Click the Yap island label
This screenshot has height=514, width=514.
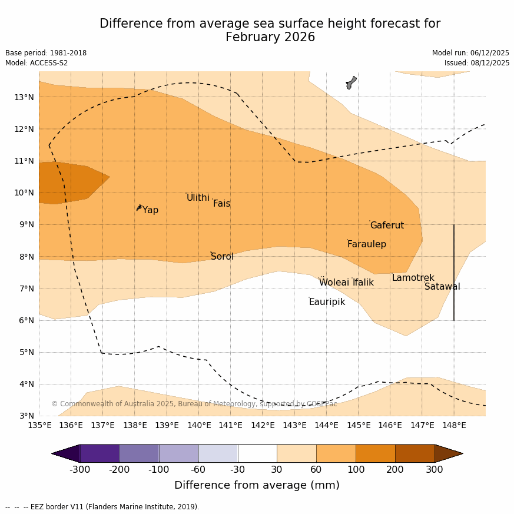click(150, 210)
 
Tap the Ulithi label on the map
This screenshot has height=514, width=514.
click(198, 198)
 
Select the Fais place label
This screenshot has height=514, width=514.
click(221, 204)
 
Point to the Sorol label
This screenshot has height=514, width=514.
click(222, 257)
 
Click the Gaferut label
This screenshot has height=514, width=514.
click(387, 226)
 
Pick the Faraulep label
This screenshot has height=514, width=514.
click(366, 244)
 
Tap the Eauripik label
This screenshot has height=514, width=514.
click(327, 302)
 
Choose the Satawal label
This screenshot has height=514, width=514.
click(442, 287)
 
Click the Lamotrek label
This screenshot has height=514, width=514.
click(413, 278)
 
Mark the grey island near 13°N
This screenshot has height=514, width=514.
click(351, 82)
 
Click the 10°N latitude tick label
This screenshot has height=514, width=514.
click(24, 193)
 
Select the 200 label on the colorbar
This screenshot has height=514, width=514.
click(395, 470)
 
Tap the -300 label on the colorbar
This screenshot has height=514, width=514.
click(79, 470)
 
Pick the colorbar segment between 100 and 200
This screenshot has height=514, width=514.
click(375, 453)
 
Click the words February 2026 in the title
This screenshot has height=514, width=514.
click(270, 38)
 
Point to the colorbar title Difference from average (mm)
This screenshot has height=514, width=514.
click(257, 486)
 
